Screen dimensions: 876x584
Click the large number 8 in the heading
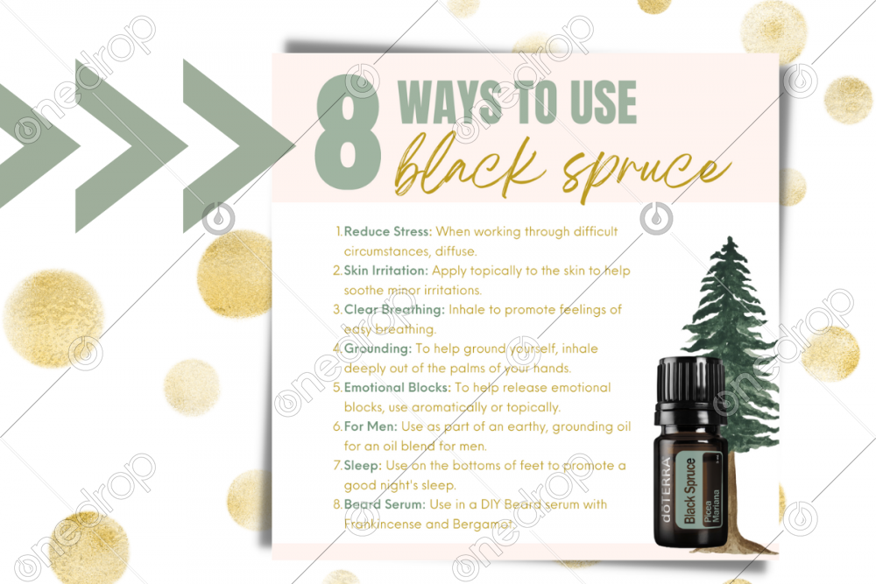348,133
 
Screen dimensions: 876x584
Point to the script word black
470,162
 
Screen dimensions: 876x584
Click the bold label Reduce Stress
388,231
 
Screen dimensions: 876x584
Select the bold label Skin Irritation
386,271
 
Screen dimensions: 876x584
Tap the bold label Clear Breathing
394,309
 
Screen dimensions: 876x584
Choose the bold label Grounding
378,348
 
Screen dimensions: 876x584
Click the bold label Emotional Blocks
397,388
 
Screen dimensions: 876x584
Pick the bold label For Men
371,426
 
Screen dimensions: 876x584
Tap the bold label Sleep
363,466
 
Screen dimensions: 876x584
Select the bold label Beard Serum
385,504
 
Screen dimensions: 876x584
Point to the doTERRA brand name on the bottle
666,489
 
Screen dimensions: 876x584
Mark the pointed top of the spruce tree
730,238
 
